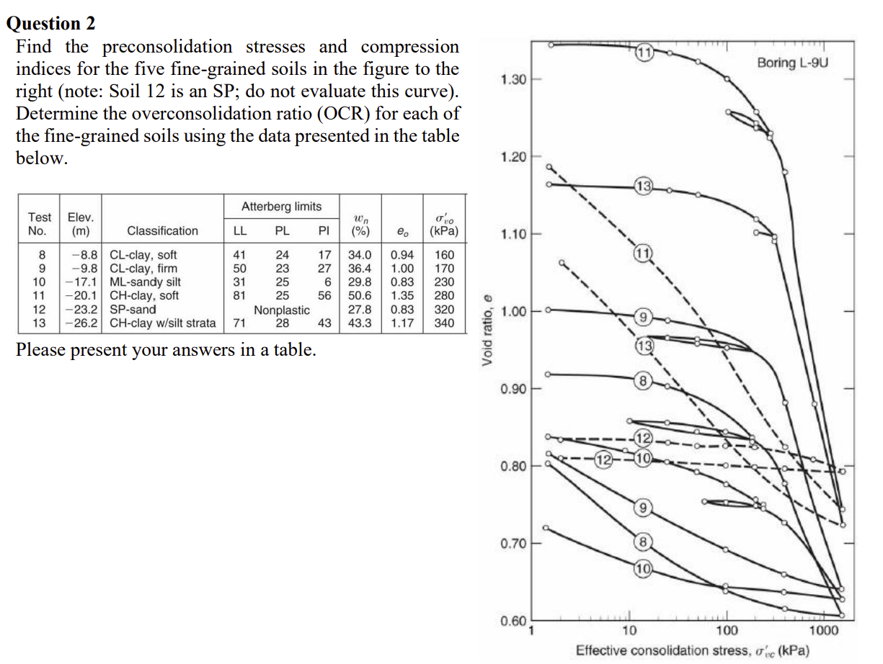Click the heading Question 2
coord(50,24)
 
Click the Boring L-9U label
coord(793,63)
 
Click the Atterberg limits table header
coord(281,207)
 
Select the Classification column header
coord(162,231)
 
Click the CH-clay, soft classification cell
coord(144,295)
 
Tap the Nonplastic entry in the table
coord(282,310)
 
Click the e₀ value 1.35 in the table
coord(401,295)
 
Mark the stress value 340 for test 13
coord(443,323)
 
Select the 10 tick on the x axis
coord(629,630)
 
